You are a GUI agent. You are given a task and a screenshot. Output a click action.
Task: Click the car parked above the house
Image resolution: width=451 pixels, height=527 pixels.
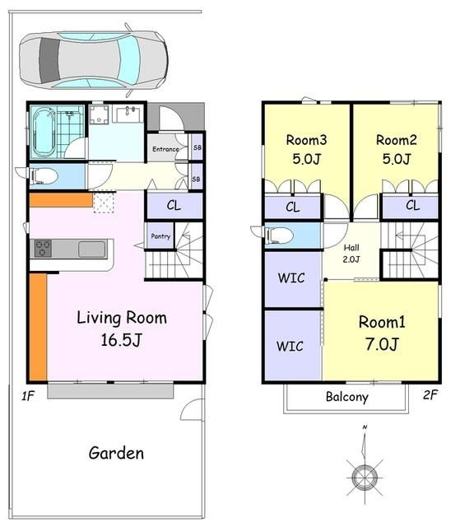click(94, 60)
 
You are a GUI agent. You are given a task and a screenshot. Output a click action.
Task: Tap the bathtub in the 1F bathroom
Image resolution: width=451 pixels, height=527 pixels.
click(44, 132)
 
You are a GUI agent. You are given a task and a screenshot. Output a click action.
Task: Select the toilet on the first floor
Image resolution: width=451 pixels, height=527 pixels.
click(44, 176)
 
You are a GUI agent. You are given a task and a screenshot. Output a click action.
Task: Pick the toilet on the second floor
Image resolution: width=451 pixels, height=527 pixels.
click(279, 236)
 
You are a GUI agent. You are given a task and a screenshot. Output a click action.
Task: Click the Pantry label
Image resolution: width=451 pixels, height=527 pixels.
click(160, 236)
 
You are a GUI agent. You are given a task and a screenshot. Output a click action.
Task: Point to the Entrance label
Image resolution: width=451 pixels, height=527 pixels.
click(165, 149)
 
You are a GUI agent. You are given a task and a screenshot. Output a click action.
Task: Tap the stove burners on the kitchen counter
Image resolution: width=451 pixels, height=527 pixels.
click(43, 249)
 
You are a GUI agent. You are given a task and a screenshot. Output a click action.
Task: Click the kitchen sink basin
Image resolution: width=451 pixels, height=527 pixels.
click(91, 250)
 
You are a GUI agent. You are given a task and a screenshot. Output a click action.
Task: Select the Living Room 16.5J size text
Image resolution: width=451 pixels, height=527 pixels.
click(121, 340)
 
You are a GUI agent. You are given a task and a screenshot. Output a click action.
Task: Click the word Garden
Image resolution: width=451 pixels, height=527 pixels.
click(116, 453)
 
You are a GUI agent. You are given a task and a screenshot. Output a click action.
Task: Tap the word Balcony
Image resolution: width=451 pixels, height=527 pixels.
click(347, 397)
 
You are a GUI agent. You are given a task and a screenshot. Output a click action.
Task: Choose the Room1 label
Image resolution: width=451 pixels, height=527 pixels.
click(382, 322)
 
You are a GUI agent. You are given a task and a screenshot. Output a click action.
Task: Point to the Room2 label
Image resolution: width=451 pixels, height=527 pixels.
click(396, 140)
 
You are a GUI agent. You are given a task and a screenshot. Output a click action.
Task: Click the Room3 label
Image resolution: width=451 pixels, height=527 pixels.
click(306, 140)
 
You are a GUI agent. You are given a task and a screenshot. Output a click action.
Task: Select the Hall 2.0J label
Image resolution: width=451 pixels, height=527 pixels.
click(351, 254)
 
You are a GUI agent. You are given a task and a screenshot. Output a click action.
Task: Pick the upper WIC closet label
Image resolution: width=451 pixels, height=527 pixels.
click(291, 278)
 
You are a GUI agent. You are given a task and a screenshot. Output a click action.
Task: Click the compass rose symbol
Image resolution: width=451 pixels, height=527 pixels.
click(365, 476)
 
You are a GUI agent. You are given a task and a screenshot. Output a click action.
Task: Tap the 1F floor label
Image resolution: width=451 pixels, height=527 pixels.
click(28, 396)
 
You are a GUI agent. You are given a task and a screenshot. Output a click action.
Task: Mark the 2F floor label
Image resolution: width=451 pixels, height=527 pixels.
click(430, 394)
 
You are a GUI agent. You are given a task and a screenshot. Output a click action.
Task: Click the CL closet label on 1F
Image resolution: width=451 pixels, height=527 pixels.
click(174, 205)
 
